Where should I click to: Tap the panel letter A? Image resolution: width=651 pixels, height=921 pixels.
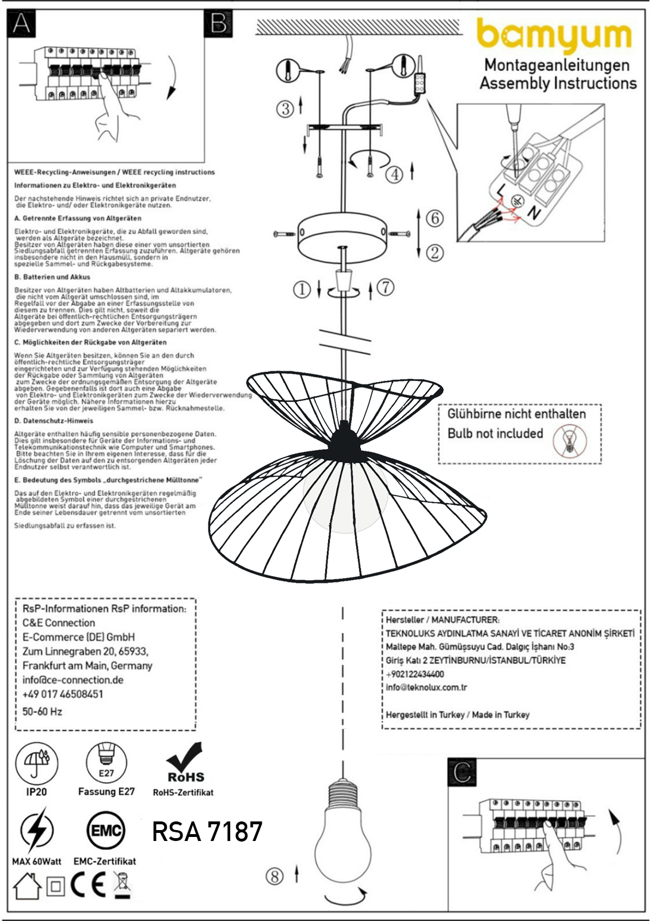click(x=22, y=24)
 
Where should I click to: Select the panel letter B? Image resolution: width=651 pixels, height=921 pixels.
click(x=219, y=24)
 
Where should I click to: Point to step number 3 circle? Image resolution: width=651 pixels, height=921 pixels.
click(x=285, y=108)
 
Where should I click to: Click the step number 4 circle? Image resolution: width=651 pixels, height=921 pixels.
click(x=394, y=174)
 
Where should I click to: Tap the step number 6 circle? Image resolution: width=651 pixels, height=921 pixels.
click(x=435, y=218)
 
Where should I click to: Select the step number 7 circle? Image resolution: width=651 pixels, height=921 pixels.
click(x=385, y=287)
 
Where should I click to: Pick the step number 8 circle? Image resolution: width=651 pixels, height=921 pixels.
click(x=275, y=876)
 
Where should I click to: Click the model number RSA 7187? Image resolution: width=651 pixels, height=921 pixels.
click(x=207, y=831)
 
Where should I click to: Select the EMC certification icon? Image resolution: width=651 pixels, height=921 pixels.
click(x=105, y=831)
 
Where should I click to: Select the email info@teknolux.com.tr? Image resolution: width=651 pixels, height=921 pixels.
click(x=427, y=687)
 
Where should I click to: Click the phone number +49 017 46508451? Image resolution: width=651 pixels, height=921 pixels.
click(x=63, y=694)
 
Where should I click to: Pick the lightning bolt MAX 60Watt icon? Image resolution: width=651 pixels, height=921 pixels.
click(x=36, y=830)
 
